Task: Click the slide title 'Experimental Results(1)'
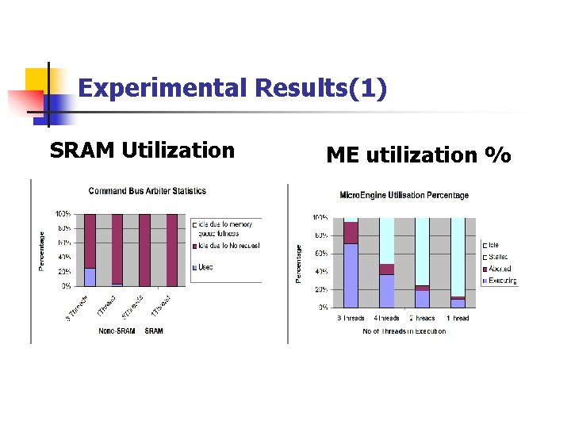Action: coord(233,88)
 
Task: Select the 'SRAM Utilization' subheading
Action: coord(142,150)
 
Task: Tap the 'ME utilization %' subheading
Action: coord(418,155)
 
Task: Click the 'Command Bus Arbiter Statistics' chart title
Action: coord(148,191)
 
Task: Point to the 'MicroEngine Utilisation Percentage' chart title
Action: coord(404,195)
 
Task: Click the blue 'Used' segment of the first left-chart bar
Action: coord(90,277)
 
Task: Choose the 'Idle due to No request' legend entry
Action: coord(225,246)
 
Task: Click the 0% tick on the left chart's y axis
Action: coord(67,285)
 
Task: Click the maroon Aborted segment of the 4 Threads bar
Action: coord(386,269)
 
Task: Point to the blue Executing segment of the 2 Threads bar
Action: coord(422,299)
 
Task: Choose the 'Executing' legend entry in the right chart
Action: coord(502,281)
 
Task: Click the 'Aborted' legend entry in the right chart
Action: coord(500,269)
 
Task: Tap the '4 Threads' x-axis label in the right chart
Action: coord(387,319)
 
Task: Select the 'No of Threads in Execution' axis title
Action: coord(404,331)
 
